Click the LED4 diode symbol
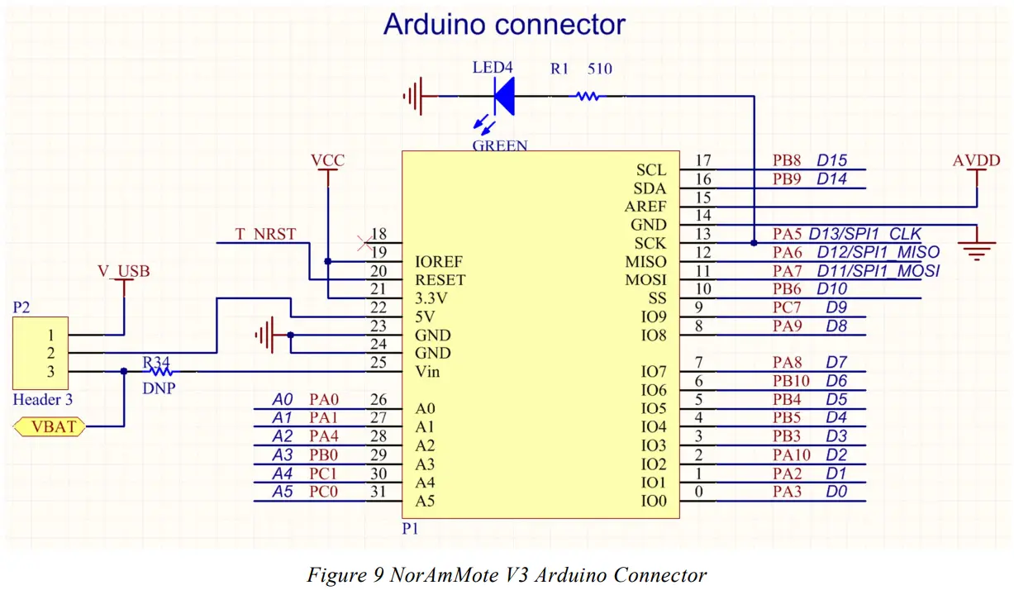point(505,97)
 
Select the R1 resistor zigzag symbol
point(587,97)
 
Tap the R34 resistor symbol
point(161,372)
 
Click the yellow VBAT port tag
point(50,426)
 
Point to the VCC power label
point(328,159)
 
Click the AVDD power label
point(977,160)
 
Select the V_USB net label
point(124,271)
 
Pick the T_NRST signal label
point(266,234)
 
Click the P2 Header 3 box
point(40,353)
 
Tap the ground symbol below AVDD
point(977,248)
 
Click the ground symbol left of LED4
point(414,97)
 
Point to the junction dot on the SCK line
point(754,243)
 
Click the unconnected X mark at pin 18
point(364,243)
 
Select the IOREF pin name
point(439,262)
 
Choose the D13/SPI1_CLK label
point(864,234)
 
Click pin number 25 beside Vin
point(378,362)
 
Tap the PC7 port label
point(787,307)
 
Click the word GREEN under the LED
point(500,145)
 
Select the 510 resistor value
point(600,69)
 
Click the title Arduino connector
point(504,24)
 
